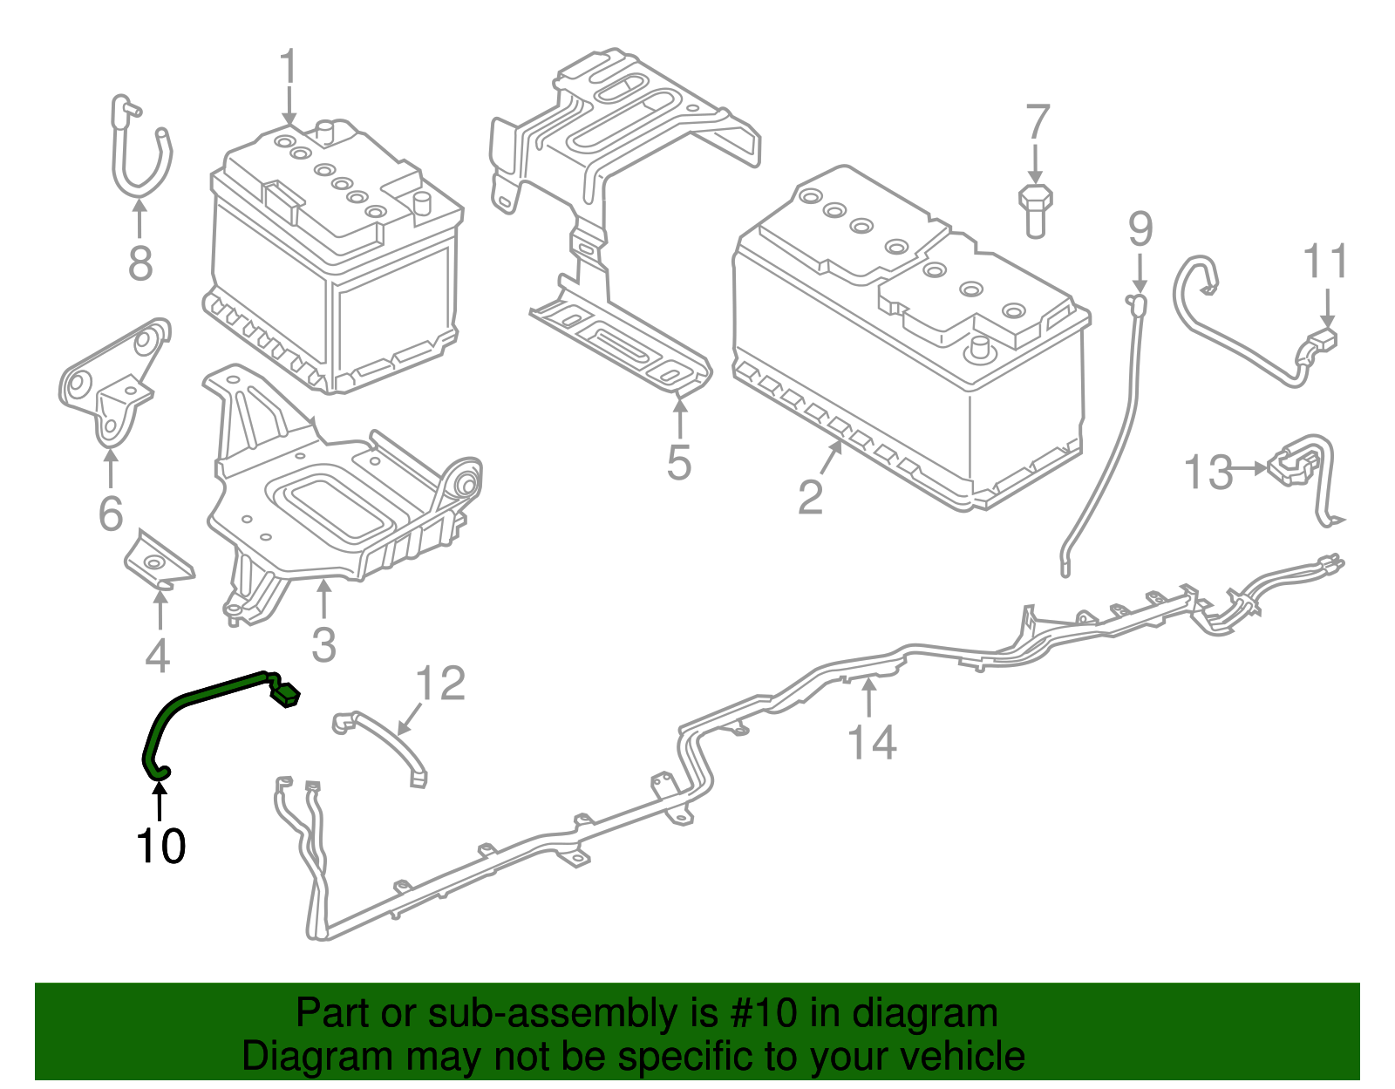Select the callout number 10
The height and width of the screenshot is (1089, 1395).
(x=160, y=846)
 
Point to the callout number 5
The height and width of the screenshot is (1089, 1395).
(x=679, y=462)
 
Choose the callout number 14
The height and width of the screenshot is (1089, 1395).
(x=872, y=742)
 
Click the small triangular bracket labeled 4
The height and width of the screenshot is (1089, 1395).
(x=157, y=559)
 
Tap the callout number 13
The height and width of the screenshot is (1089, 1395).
(x=1208, y=473)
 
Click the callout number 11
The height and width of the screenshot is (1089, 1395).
(x=1325, y=262)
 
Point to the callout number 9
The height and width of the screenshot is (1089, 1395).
(x=1140, y=229)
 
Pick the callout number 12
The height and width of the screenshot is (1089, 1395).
(x=441, y=684)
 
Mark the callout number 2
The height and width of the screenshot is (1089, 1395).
(x=811, y=497)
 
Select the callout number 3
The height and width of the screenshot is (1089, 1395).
(x=323, y=645)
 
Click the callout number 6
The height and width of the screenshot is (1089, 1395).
(x=111, y=513)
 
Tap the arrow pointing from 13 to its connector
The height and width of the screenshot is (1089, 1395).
(x=1254, y=469)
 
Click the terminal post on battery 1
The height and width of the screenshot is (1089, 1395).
(x=327, y=131)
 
